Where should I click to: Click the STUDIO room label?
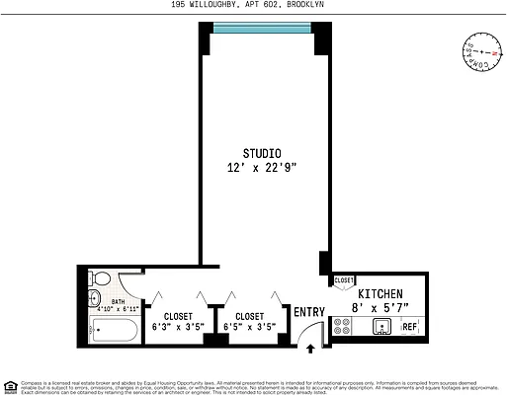(x=262, y=153)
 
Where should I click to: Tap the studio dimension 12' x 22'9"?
(x=262, y=168)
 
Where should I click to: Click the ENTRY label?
(x=308, y=313)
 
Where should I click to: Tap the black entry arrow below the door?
(x=312, y=348)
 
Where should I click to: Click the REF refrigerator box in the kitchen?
(x=409, y=328)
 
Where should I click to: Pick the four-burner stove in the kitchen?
(x=342, y=327)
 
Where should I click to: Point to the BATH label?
(x=118, y=302)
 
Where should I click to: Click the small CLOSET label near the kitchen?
(x=343, y=280)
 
